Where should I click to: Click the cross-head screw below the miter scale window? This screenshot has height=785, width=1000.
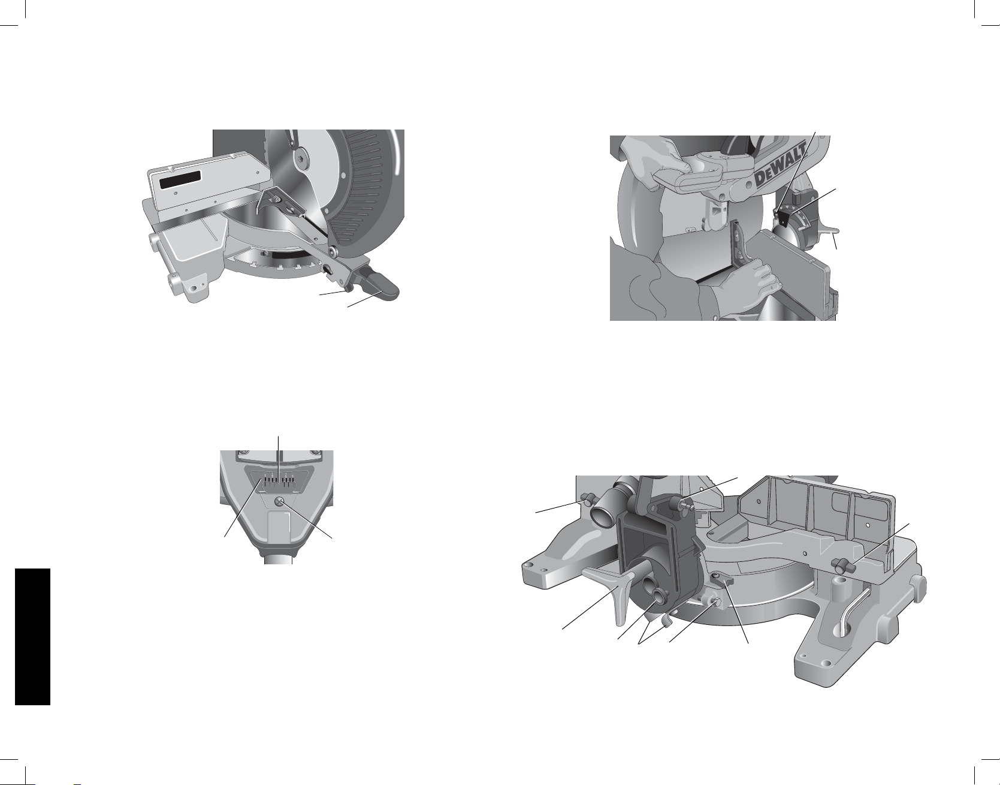coord(279,502)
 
